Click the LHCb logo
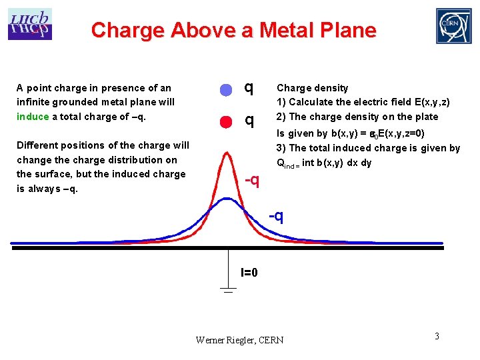point(29,24)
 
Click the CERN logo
point(453,26)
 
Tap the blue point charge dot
point(226,89)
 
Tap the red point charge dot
point(226,121)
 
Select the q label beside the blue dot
point(249,87)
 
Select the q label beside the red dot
point(249,120)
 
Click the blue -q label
point(276,216)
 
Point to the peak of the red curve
point(227,153)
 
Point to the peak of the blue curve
point(227,199)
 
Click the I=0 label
point(249,272)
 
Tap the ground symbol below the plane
point(228,289)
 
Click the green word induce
point(33,117)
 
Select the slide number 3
point(437,336)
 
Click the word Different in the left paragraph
point(37,145)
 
